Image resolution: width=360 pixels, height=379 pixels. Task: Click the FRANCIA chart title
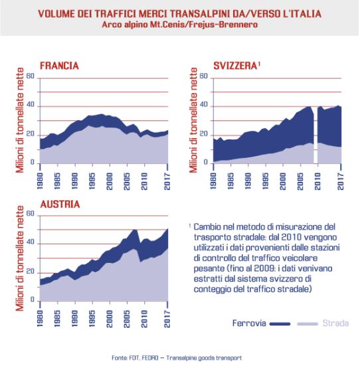tap(59, 66)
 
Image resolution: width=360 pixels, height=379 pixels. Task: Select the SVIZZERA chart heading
tap(235, 66)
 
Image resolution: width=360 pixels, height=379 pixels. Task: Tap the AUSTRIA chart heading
tap(60, 204)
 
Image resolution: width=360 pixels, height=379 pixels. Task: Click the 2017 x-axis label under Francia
tap(167, 181)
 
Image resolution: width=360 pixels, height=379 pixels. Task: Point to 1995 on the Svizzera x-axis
tap(265, 181)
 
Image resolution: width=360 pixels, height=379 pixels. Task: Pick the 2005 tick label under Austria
tap(127, 319)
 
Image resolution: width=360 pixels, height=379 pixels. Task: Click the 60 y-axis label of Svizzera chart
tap(203, 76)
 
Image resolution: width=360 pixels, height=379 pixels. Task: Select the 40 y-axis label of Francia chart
tap(31, 105)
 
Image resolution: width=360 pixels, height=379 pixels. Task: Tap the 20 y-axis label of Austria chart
tap(31, 271)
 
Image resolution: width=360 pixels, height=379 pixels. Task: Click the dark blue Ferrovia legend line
tap(280, 324)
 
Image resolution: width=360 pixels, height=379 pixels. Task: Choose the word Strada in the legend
tap(335, 323)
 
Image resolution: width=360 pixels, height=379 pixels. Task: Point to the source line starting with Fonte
tap(177, 358)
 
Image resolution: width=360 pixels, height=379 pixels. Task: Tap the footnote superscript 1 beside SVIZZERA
tap(259, 64)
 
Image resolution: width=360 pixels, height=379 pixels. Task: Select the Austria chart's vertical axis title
tap(20, 258)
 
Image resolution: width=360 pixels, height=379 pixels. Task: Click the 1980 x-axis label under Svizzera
tap(213, 181)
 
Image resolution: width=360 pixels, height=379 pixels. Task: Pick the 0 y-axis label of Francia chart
tap(33, 163)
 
